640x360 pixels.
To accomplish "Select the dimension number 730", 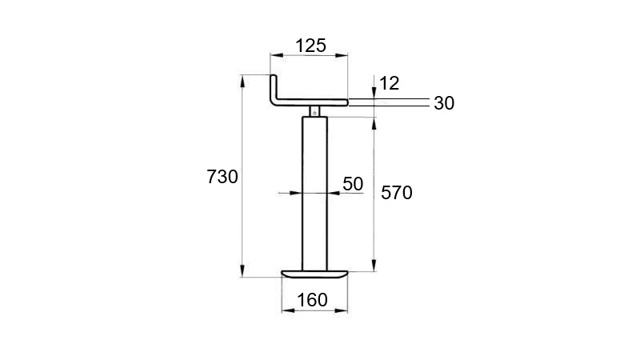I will click(222, 178).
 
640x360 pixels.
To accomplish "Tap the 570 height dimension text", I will click(397, 193).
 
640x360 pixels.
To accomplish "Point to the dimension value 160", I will click(312, 300).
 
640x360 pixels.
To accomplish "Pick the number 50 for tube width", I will click(353, 183).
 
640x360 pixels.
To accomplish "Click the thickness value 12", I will click(390, 82).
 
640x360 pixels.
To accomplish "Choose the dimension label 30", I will click(444, 103).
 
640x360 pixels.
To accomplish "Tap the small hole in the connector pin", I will click(316, 112).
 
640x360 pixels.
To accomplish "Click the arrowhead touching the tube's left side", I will click(298, 193).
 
